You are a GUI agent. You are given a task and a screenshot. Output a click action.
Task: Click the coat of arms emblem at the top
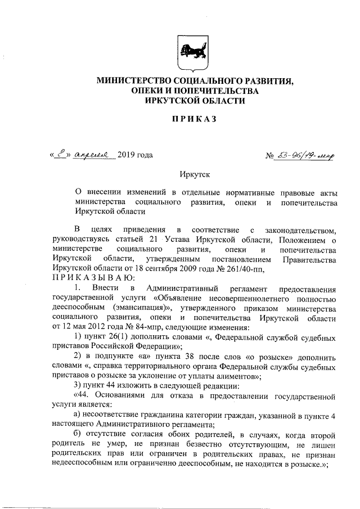[194, 53]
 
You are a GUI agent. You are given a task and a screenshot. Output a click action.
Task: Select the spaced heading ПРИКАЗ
[194, 119]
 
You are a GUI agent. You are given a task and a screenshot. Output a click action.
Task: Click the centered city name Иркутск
[194, 176]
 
